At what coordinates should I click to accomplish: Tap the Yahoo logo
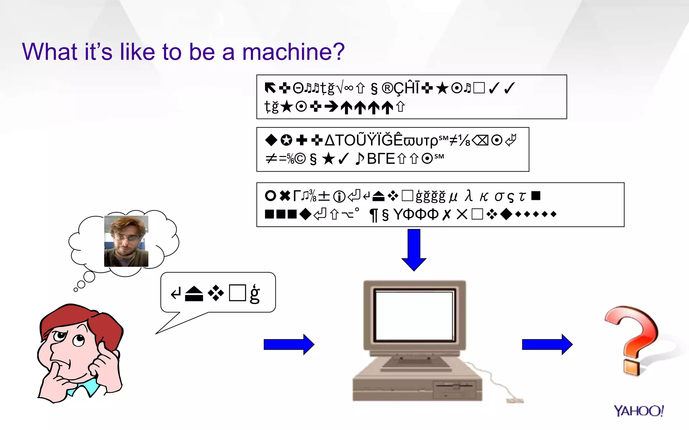click(x=638, y=411)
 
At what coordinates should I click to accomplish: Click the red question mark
click(x=632, y=339)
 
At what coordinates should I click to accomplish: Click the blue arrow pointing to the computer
click(x=289, y=344)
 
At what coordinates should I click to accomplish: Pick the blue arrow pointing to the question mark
click(x=547, y=344)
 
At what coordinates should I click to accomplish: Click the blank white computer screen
click(x=414, y=316)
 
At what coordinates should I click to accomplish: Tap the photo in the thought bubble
click(x=126, y=241)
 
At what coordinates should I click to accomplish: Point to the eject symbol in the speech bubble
click(x=194, y=294)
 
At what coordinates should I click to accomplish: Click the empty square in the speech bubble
click(x=237, y=293)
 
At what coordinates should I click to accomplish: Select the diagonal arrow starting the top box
click(x=270, y=88)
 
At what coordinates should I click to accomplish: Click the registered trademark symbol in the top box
click(x=387, y=88)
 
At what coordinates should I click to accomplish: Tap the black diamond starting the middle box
click(x=271, y=140)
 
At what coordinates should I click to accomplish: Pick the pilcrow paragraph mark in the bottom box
click(x=373, y=215)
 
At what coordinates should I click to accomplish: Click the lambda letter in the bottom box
click(x=469, y=196)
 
